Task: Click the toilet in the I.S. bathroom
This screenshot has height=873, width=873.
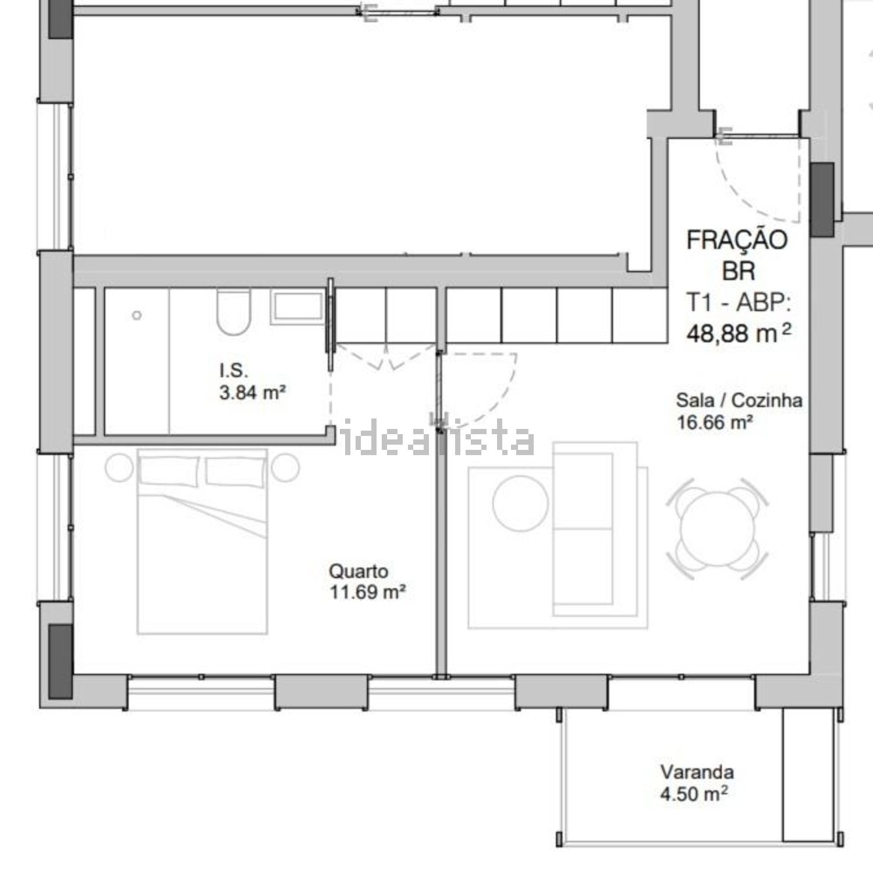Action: pyautogui.click(x=233, y=313)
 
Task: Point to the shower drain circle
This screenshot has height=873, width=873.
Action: pyautogui.click(x=137, y=315)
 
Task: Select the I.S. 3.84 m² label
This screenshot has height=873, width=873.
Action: pyautogui.click(x=252, y=381)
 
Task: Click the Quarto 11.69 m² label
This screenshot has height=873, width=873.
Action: pyautogui.click(x=367, y=581)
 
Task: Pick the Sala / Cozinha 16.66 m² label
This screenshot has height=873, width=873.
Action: pyautogui.click(x=739, y=411)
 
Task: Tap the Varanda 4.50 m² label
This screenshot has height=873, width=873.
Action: pyautogui.click(x=696, y=783)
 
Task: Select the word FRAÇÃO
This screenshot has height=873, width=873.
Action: pyautogui.click(x=737, y=240)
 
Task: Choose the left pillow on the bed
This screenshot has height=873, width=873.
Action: pyautogui.click(x=169, y=470)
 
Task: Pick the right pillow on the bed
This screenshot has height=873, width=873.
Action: pyautogui.click(x=236, y=470)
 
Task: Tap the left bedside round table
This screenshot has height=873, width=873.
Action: pyautogui.click(x=120, y=467)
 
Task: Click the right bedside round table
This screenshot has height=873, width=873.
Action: pyautogui.click(x=285, y=467)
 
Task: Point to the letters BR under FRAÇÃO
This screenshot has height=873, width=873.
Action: pyautogui.click(x=739, y=271)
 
